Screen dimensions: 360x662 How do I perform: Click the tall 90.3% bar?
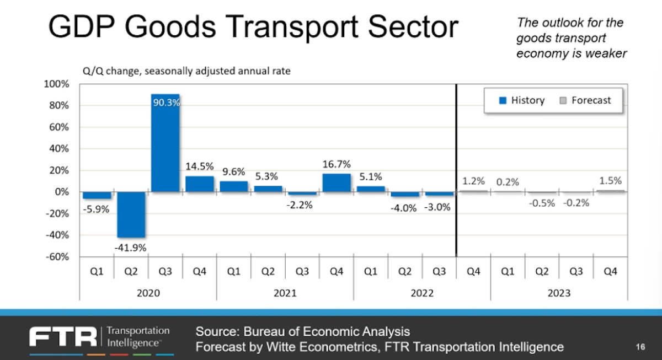[165, 143]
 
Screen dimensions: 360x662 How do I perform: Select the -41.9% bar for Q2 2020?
[131, 214]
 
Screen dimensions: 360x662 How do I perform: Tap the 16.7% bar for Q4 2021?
[337, 182]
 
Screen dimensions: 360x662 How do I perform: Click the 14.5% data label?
[200, 165]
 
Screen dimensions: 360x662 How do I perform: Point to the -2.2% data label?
[302, 205]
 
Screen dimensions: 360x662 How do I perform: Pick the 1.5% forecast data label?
[610, 180]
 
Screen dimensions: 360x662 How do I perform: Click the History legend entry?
[522, 100]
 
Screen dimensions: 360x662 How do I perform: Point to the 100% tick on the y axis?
[57, 84]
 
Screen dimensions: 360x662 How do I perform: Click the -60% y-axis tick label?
[57, 257]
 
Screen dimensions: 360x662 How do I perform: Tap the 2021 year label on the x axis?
[285, 292]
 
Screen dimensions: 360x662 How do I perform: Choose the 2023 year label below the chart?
[559, 292]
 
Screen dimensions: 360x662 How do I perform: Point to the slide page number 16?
[640, 347]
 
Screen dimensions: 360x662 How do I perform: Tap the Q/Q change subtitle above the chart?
[185, 71]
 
